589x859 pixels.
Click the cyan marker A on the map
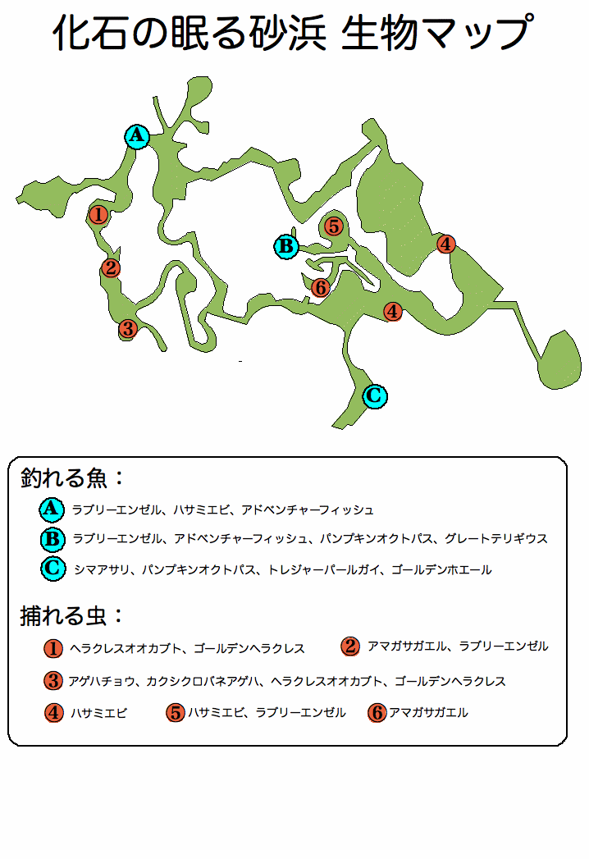coord(137,136)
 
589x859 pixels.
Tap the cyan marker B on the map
coord(286,246)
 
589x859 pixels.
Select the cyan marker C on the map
coord(375,395)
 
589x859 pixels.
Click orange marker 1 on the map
coord(98,214)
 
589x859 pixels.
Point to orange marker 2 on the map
coord(111,268)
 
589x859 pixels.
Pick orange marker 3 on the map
coord(128,328)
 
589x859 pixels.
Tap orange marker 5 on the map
coord(334,226)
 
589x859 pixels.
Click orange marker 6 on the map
coord(321,287)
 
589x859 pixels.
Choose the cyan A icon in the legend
coord(52,509)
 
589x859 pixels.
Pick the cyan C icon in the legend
coord(53,568)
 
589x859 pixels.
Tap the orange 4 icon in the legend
coord(53,713)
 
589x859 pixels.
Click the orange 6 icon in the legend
coord(377,713)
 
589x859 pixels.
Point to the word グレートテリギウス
coord(495,539)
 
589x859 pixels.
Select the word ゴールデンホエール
coord(441,569)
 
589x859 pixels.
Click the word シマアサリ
coord(102,569)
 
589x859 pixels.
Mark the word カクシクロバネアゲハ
coord(202,682)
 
